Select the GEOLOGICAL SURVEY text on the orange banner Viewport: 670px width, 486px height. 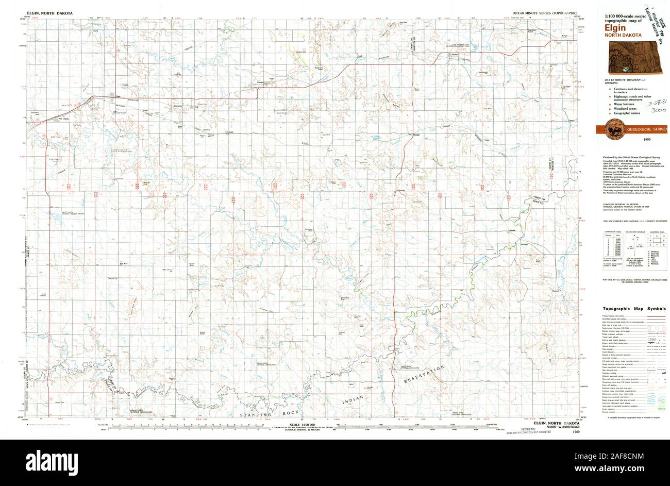point(646,129)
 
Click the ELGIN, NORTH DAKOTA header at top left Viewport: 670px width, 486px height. point(49,12)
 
